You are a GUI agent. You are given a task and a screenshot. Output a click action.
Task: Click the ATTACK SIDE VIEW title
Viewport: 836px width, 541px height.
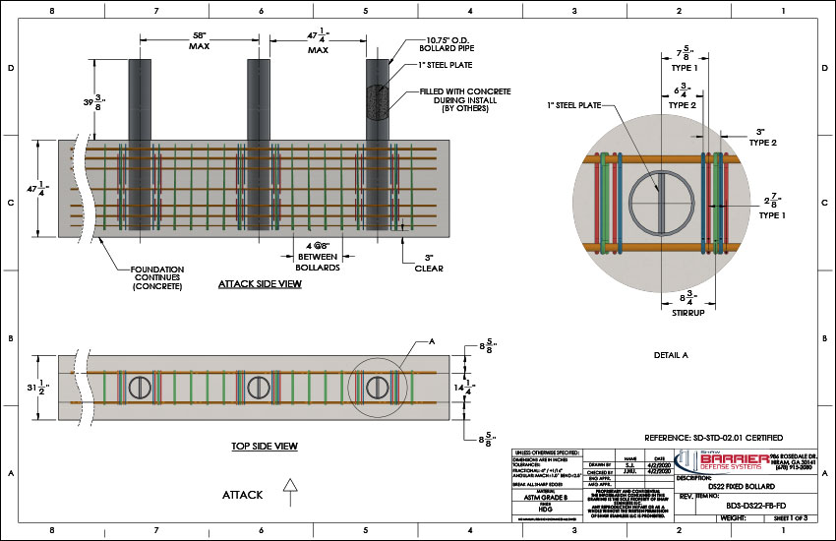coord(260,284)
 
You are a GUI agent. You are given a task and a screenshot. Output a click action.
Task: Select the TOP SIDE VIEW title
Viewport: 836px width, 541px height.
coord(265,446)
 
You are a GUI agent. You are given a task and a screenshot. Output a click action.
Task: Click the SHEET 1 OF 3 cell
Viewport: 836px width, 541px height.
coord(789,514)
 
